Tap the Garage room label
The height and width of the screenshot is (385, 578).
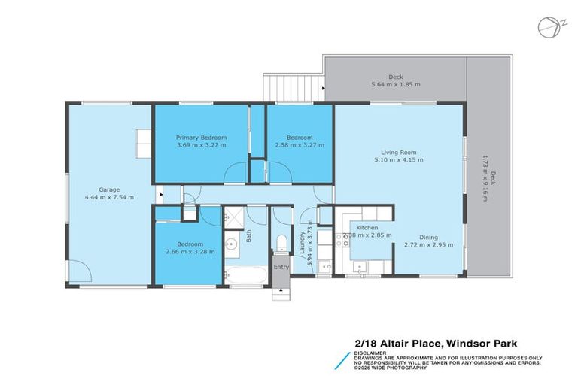[x=110, y=189]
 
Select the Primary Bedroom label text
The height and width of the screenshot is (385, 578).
[x=201, y=138]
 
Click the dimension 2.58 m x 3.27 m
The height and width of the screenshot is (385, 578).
[x=300, y=145]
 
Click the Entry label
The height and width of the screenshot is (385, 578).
[x=281, y=267]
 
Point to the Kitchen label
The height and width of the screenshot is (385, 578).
[x=367, y=227]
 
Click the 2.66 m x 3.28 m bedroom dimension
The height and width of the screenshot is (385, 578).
[x=190, y=251]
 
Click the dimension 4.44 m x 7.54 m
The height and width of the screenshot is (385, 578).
[x=110, y=197]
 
